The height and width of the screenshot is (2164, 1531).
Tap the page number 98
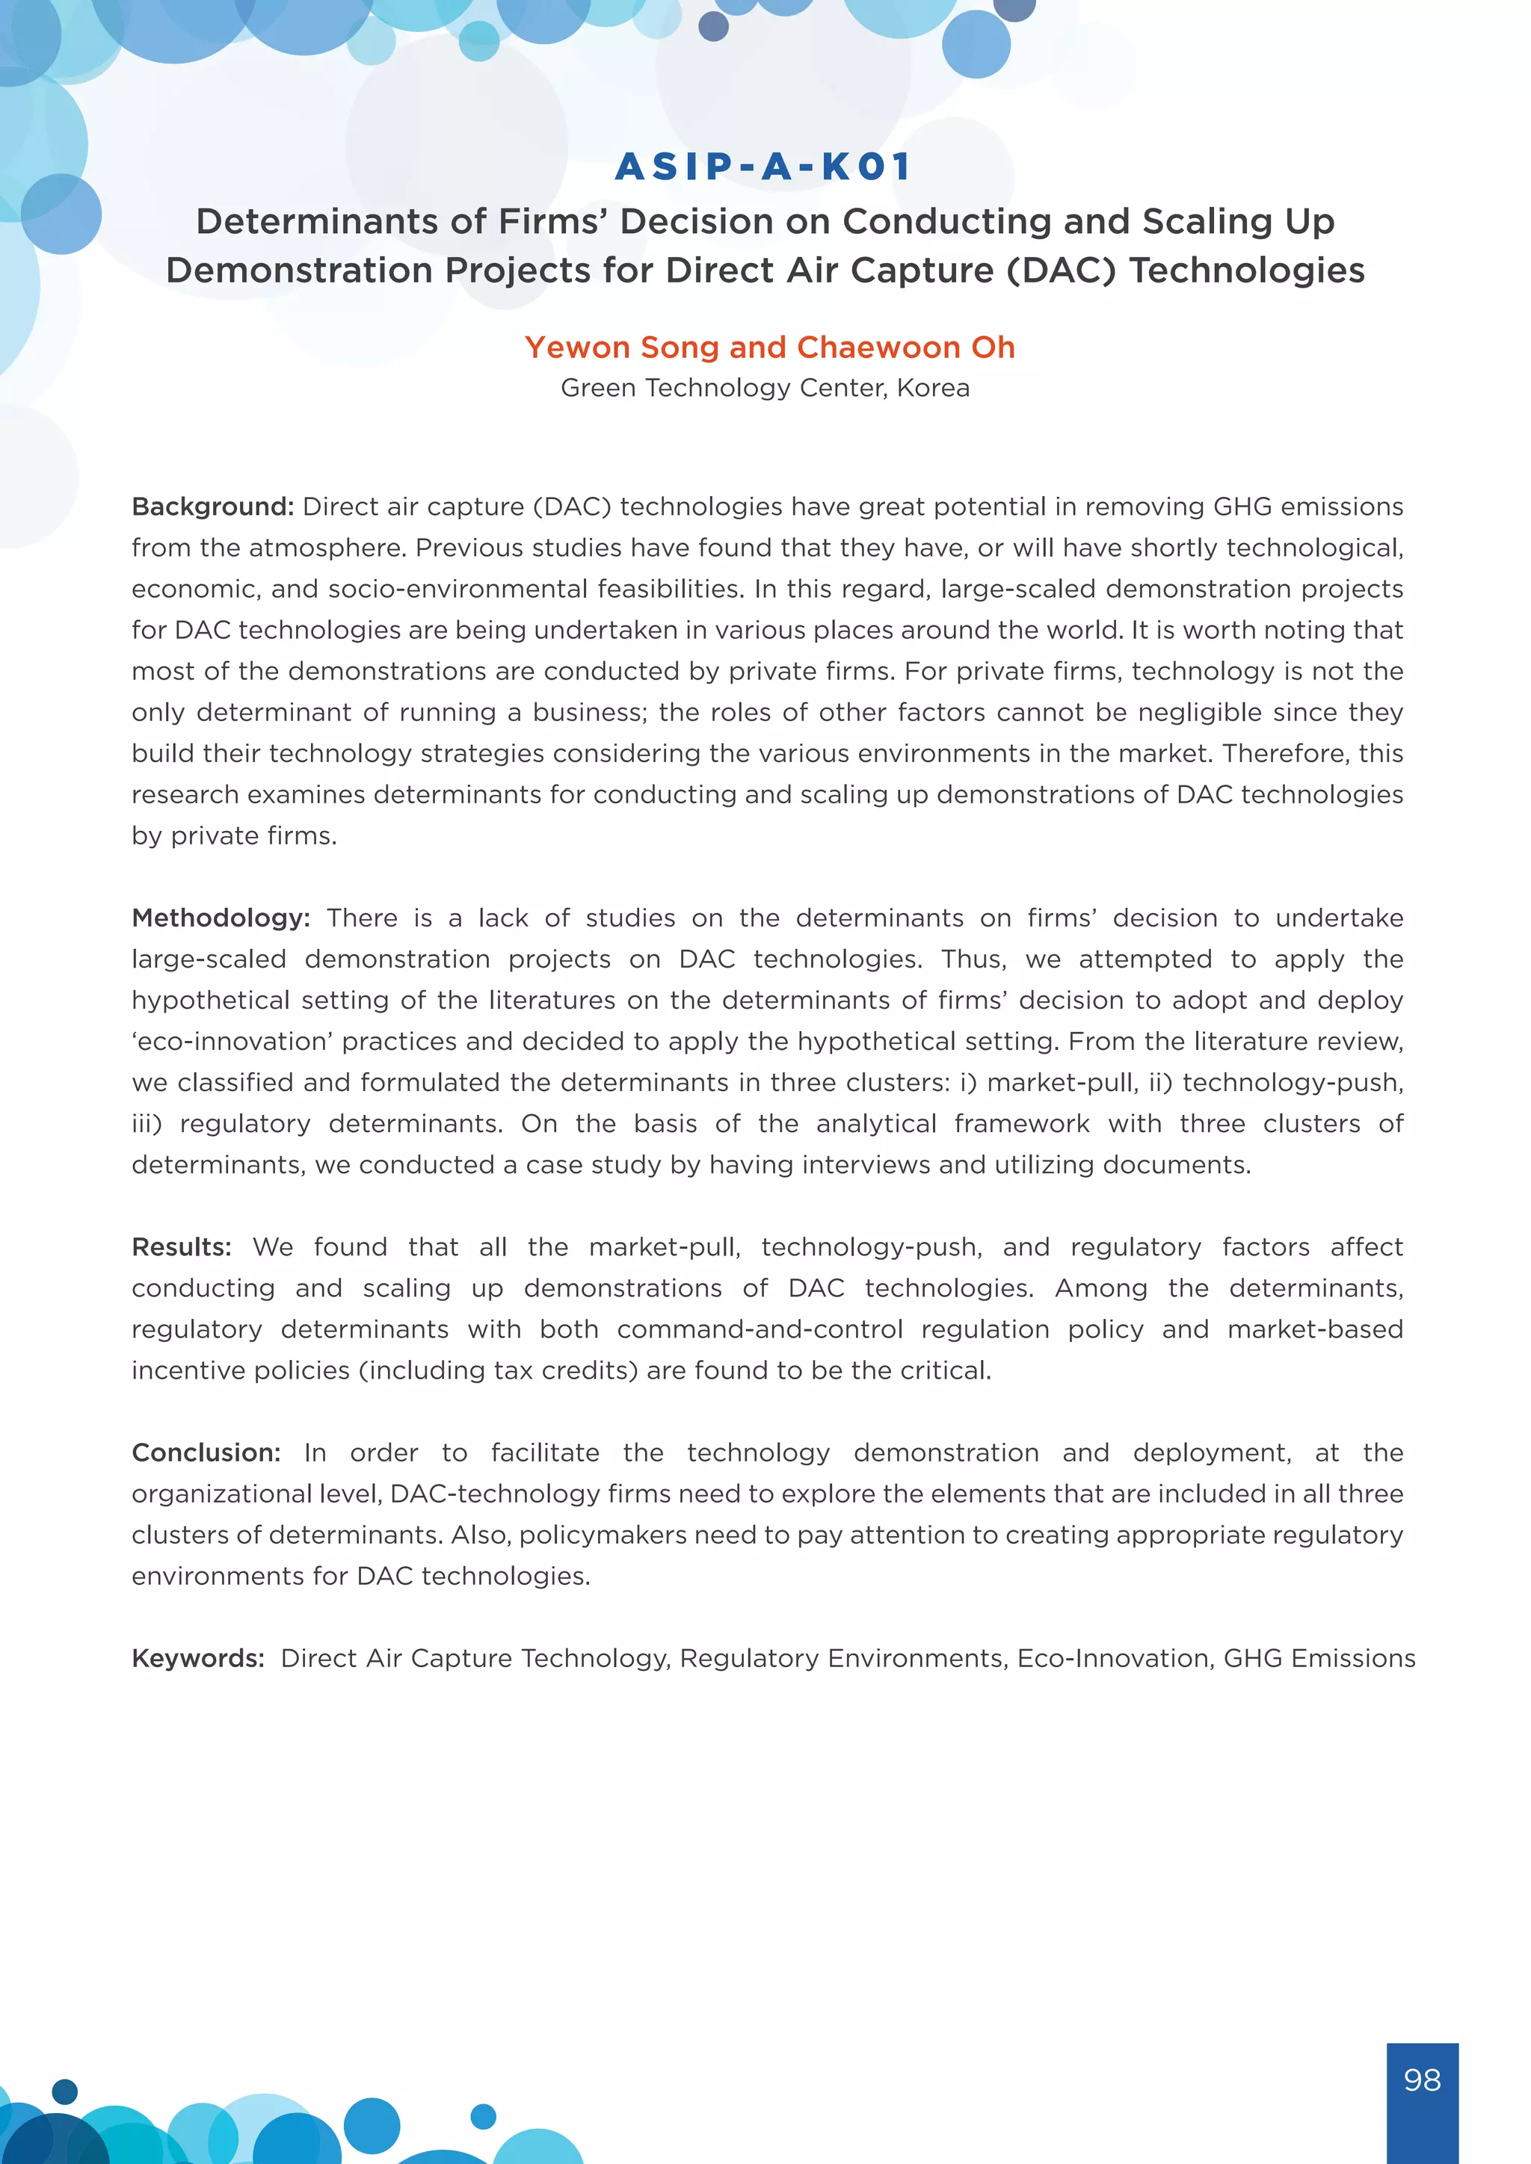(1422, 2080)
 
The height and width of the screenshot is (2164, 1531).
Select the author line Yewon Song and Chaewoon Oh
(769, 347)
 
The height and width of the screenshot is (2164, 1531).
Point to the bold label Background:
(213, 507)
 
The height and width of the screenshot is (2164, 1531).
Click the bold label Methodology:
(221, 918)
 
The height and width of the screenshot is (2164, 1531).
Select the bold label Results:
(181, 1247)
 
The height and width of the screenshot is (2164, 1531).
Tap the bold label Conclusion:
(206, 1453)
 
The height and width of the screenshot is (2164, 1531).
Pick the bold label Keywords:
(198, 1658)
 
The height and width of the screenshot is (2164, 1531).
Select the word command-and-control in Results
(759, 1329)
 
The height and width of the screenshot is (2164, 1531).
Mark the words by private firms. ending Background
(234, 836)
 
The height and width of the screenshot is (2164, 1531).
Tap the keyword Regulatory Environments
(842, 1658)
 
